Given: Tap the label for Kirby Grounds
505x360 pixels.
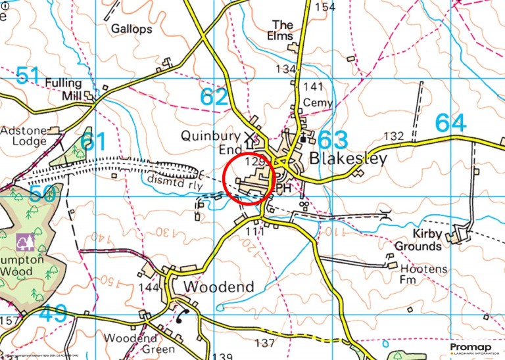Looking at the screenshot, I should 418,240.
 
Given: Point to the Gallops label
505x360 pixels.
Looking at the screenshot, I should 132,29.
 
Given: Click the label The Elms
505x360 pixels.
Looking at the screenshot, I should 283,30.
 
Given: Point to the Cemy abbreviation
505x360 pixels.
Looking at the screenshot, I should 315,103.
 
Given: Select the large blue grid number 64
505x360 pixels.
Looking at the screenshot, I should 450,124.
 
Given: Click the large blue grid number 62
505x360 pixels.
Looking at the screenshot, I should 214,97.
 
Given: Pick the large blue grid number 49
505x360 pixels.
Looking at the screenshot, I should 53,314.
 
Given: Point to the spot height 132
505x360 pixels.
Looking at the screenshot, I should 393,136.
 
